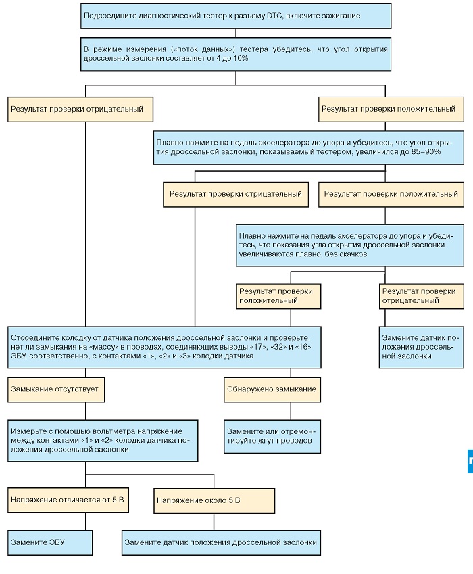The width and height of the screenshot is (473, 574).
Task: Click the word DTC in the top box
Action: pyautogui.click(x=275, y=16)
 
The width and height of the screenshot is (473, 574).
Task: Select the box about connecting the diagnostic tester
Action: pyautogui.click(x=236, y=16)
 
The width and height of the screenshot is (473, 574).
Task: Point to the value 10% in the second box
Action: pyautogui.click(x=241, y=58)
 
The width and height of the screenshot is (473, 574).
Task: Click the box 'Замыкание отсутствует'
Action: pyautogui.click(x=56, y=389)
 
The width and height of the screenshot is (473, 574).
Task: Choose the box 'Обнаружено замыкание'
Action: pyautogui.click(x=272, y=389)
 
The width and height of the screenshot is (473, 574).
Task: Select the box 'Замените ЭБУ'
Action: pyautogui.click(x=50, y=542)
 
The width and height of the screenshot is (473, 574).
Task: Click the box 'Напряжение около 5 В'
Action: pyautogui.click(x=214, y=501)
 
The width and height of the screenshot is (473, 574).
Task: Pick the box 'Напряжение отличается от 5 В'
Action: pyautogui.click(x=68, y=500)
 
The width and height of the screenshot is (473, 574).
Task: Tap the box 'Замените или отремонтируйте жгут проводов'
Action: pyautogui.click(x=272, y=436)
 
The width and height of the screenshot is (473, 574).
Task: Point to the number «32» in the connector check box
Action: pyautogui.click(x=280, y=347)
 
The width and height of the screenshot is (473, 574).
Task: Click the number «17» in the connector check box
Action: pyautogui.click(x=258, y=347)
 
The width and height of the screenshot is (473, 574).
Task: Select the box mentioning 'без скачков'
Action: pyautogui.click(x=350, y=245)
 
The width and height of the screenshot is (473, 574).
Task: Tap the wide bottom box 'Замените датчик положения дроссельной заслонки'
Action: pyautogui.click(x=222, y=542)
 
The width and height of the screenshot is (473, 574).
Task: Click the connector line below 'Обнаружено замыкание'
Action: pyautogui.click(x=291, y=411)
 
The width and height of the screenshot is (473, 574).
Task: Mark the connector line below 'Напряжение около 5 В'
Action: pyautogui.click(x=214, y=522)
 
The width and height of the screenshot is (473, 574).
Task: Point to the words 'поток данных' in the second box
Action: pyautogui.click(x=203, y=49)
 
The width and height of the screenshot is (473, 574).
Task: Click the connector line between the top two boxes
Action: pyautogui.click(x=236, y=33)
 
